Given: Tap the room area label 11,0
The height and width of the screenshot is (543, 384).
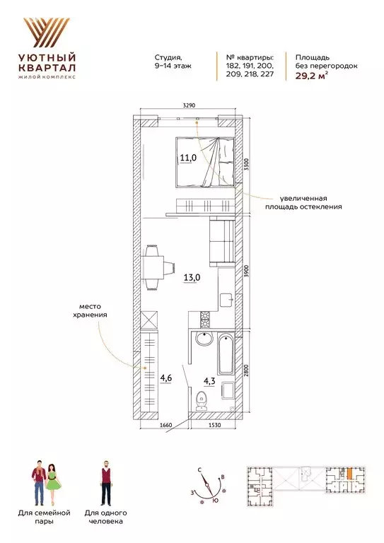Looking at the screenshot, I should pos(187,158).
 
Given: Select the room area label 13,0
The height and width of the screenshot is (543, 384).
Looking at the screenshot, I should pos(192,277).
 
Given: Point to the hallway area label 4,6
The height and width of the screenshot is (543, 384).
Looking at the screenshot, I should pos(165,378).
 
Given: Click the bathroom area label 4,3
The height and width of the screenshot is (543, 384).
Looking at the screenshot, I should pos(209,381).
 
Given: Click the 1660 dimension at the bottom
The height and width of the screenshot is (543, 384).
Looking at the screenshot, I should pos(166,425).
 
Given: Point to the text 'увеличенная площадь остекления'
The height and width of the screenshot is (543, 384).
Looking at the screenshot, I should pos(303,203).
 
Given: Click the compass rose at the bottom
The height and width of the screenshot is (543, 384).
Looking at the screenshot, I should pos(209,489).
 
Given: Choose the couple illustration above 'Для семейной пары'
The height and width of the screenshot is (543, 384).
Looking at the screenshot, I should pos(45,480).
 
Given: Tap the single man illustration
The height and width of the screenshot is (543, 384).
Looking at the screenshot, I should pos(105,480).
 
